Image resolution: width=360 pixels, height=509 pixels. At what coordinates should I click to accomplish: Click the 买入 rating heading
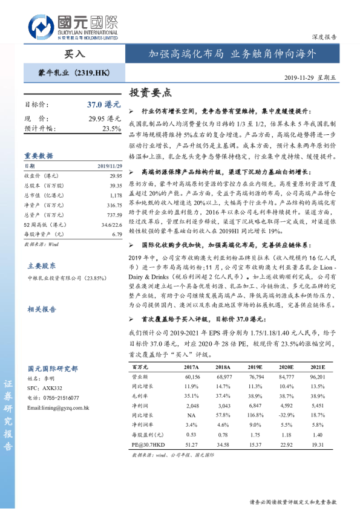[x=75, y=54]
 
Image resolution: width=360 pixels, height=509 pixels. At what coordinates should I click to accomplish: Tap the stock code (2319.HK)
[x=92, y=73]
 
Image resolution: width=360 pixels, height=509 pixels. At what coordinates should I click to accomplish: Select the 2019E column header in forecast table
[x=254, y=368]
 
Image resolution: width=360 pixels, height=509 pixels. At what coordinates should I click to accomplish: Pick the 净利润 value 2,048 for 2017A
[x=191, y=406]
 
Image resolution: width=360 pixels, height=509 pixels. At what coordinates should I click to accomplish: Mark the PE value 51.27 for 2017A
[x=191, y=446]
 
